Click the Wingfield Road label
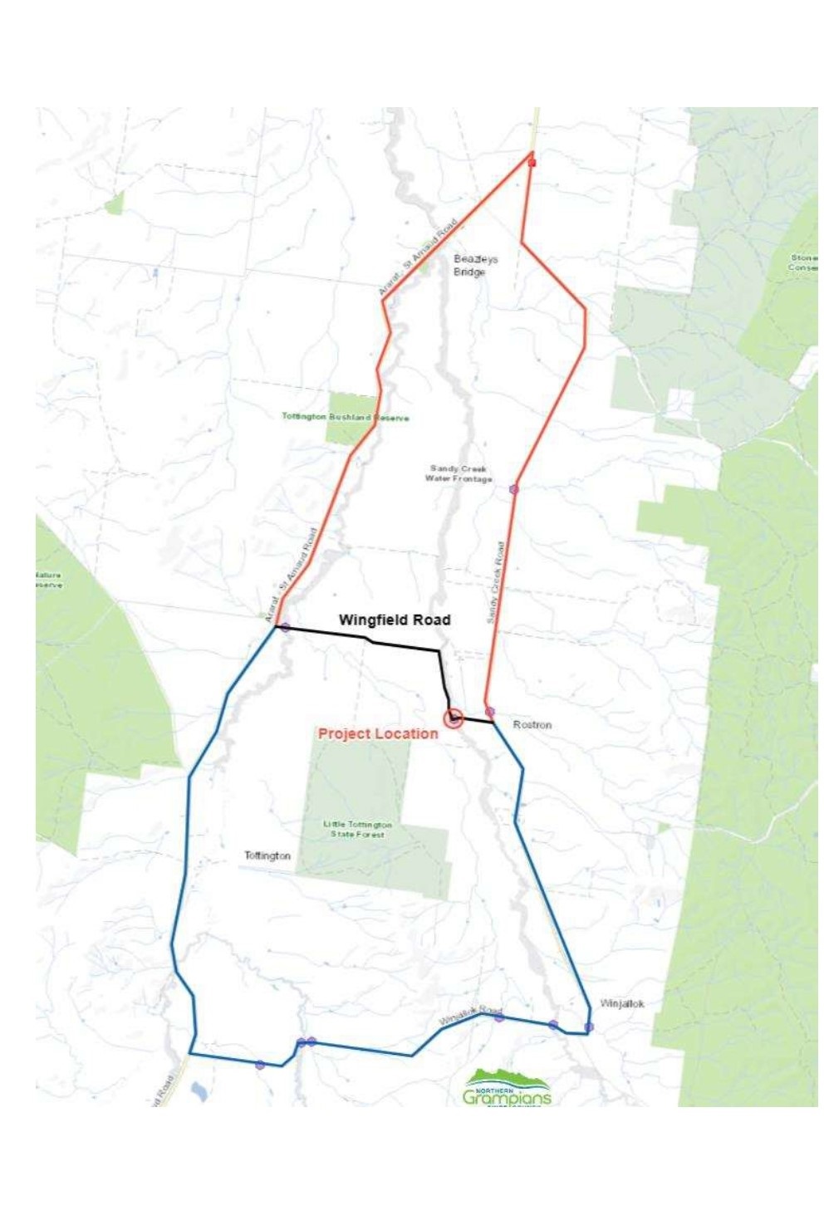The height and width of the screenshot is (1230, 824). coord(395,620)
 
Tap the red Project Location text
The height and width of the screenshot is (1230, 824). coord(378,734)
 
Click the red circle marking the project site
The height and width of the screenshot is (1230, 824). coord(453,718)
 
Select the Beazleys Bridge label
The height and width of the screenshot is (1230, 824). coord(475,266)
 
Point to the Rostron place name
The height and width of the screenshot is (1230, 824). coord(532,725)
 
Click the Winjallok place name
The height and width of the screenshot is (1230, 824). coord(622,1004)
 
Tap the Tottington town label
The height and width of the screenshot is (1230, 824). coord(267,855)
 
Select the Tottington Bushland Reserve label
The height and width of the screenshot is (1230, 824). coord(346,417)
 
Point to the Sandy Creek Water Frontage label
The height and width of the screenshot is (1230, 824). coord(459,474)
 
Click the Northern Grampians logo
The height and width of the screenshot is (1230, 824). coord(507,1089)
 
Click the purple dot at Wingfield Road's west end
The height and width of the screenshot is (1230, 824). coord(285,627)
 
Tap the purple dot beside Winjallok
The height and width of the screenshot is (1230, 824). coord(589,1027)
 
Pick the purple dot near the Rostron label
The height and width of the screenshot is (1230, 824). coord(490,712)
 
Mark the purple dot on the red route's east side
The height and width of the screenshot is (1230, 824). coord(514,490)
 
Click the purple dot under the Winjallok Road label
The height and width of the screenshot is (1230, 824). coord(498,1017)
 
